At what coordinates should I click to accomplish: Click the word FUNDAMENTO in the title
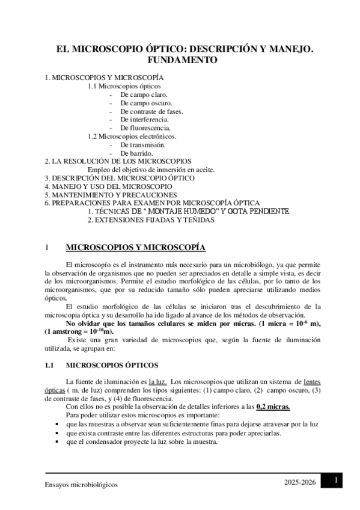[x=180, y=60]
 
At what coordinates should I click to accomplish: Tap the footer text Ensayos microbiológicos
[x=82, y=485]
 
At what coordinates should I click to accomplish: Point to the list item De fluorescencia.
[x=145, y=128]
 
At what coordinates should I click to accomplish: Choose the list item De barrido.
[x=136, y=153]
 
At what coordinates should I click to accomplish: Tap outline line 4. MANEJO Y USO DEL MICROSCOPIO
[x=108, y=187]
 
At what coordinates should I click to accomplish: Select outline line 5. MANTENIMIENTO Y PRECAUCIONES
[x=111, y=195]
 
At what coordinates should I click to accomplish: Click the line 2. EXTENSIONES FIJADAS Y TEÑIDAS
[x=151, y=220]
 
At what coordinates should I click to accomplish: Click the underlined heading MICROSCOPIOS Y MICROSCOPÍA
[x=135, y=248]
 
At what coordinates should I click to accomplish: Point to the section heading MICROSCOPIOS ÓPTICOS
[x=112, y=364]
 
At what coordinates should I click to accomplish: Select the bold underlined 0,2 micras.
[x=273, y=407]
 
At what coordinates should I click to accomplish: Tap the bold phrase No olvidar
[x=86, y=324]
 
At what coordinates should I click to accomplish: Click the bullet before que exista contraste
[x=56, y=432]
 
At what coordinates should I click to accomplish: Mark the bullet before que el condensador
[x=56, y=441]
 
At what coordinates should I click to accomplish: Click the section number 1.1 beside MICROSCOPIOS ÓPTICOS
[x=50, y=364]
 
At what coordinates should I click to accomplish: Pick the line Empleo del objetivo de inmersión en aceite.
[x=151, y=170]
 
